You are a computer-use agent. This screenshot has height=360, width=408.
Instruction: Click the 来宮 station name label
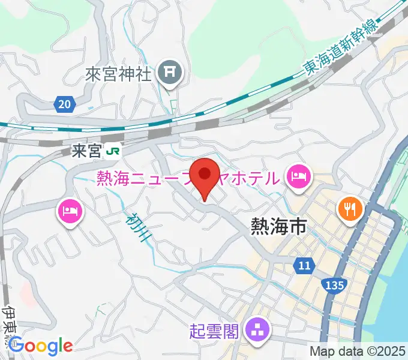tap(86, 151)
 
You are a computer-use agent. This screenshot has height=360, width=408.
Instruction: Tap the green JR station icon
tap(112, 152)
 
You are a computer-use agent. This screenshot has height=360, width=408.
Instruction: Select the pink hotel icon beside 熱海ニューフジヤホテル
tap(298, 176)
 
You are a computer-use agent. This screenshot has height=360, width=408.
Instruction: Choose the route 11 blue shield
tap(304, 265)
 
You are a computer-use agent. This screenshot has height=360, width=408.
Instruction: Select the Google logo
tap(40, 346)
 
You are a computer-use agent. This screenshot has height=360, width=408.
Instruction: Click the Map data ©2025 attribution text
tap(356, 352)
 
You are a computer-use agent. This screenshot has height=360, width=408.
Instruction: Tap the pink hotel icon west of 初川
tap(70, 211)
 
